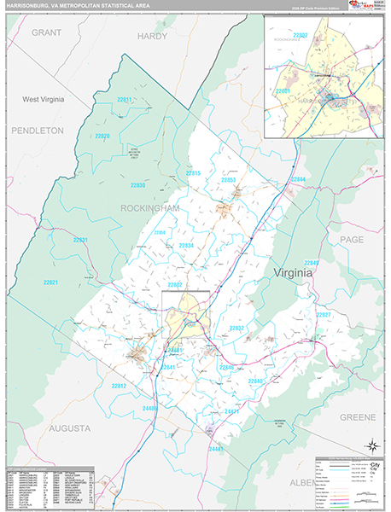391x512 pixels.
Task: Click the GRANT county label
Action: (49, 32)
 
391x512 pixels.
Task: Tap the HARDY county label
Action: (153, 37)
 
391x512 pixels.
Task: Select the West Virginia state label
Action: (43, 100)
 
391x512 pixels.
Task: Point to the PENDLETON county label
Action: (38, 131)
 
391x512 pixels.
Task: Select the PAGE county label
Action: (353, 241)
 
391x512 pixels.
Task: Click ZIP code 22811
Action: (125, 100)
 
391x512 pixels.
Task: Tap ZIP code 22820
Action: (102, 137)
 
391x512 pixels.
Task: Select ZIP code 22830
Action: (137, 185)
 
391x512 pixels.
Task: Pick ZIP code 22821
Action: (50, 282)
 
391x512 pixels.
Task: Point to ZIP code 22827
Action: (324, 315)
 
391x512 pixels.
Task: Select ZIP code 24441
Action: (215, 448)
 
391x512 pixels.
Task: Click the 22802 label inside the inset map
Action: (300, 35)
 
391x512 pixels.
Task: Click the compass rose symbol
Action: (371, 445)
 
